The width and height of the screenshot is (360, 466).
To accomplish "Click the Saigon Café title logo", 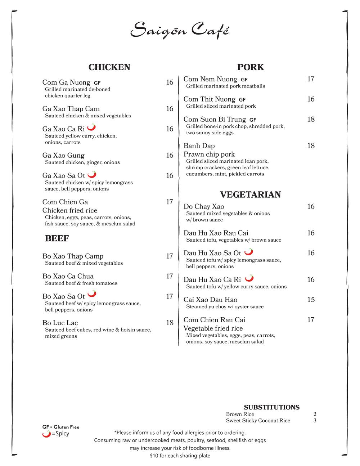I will [x=180, y=30].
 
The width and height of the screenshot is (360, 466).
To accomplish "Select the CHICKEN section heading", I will [x=109, y=67].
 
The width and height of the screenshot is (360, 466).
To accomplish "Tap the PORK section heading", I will [x=250, y=67].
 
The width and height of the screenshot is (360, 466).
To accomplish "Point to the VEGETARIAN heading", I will [x=250, y=195].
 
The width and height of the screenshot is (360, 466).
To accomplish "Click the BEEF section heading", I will [x=57, y=238].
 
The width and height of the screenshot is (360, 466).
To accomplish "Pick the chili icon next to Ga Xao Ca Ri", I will [x=91, y=127].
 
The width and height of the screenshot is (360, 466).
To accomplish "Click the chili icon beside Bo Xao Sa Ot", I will [x=92, y=294].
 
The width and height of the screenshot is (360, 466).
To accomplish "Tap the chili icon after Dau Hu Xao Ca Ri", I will [x=249, y=278].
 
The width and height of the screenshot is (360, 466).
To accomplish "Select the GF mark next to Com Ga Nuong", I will [x=97, y=83].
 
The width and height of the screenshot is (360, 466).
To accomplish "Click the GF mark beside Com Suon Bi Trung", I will [x=253, y=120].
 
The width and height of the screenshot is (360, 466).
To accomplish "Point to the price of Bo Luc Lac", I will [x=170, y=323].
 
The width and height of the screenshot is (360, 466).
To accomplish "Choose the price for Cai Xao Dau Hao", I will [x=311, y=300].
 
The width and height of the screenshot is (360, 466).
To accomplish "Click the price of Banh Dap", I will [x=311, y=145].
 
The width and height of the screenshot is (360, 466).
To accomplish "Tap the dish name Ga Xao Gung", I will [x=63, y=155].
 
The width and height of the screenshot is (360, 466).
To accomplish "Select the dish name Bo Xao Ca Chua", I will [x=68, y=276].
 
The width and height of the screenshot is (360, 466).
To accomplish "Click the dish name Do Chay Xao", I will [x=204, y=206].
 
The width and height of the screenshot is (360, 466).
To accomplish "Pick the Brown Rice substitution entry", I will [x=240, y=414].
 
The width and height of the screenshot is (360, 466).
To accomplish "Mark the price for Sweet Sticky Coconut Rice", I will [x=315, y=421].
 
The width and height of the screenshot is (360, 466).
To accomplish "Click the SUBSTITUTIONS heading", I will [x=271, y=407].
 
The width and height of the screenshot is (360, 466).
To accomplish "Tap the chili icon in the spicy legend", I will [x=46, y=434].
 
